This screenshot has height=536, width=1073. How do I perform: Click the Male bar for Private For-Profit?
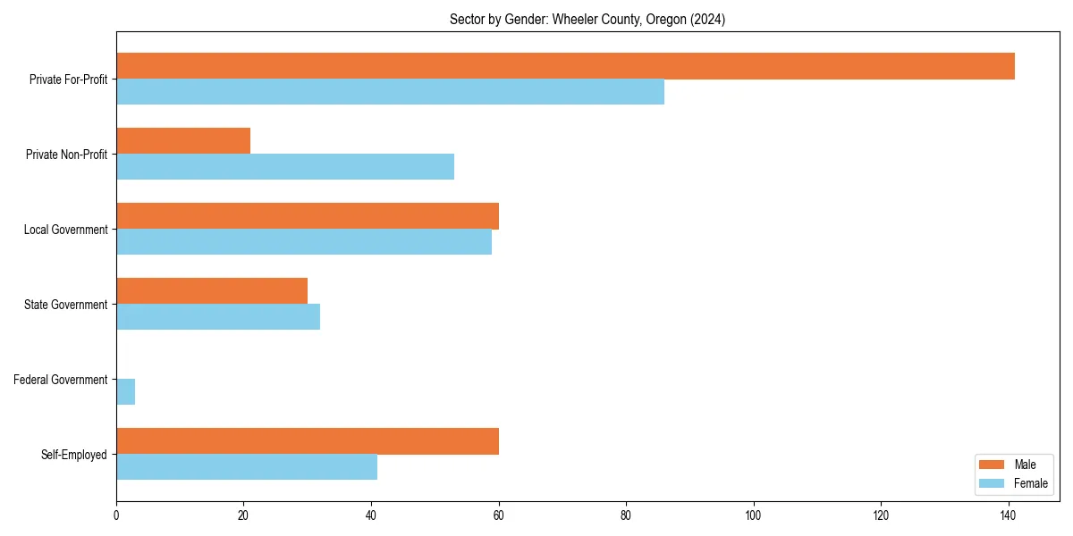tap(565, 66)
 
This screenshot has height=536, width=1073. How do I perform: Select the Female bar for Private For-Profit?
tap(390, 92)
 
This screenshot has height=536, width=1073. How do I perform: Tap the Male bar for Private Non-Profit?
tap(183, 141)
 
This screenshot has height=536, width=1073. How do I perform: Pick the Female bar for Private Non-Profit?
tap(285, 167)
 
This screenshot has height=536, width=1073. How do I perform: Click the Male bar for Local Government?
tap(308, 216)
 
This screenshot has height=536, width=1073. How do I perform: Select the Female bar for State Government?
tap(218, 317)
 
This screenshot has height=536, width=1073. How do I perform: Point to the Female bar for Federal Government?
tap(126, 392)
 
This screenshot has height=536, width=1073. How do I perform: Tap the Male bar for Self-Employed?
tap(308, 441)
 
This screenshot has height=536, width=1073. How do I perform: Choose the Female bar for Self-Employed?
tap(247, 467)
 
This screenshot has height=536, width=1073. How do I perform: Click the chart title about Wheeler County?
tap(587, 20)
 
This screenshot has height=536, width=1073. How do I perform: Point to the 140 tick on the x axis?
tap(1009, 515)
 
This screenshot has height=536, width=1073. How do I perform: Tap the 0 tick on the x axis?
tap(116, 515)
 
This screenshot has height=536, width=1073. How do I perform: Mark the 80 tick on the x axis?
tap(626, 515)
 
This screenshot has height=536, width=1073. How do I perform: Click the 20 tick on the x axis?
tap(243, 515)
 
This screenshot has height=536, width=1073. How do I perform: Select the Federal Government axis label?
tap(61, 380)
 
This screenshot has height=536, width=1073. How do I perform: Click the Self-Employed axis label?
tap(74, 455)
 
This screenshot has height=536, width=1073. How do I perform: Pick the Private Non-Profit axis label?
tap(66, 155)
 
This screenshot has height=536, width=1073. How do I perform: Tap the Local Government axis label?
tap(66, 230)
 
